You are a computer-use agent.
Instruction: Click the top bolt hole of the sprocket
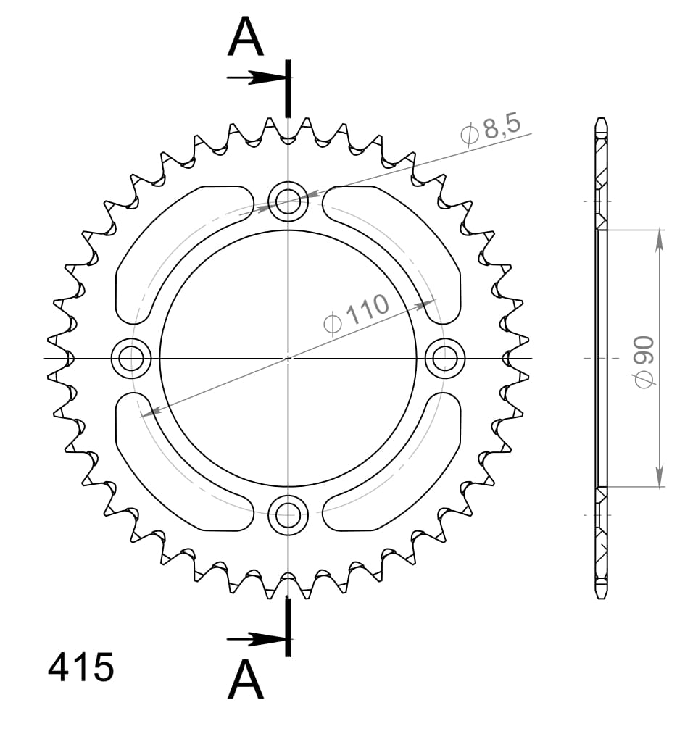(288, 199)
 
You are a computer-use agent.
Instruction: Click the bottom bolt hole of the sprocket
(288, 515)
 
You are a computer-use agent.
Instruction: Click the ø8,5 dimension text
(490, 130)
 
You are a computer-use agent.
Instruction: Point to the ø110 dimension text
(357, 315)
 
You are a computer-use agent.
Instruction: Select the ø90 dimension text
(644, 360)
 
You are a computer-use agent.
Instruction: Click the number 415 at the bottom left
(80, 667)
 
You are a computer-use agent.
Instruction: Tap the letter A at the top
(245, 38)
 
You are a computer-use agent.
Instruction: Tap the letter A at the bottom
(245, 681)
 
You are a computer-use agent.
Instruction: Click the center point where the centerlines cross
(288, 357)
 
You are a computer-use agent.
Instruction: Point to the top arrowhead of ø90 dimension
(659, 239)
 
